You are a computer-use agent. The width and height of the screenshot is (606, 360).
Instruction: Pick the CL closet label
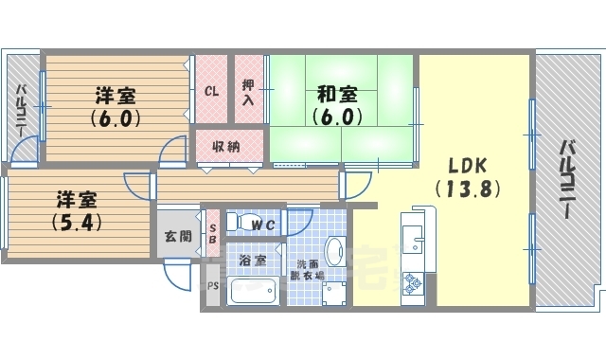click(212, 92)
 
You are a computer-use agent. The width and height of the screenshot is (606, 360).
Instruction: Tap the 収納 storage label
click(225, 146)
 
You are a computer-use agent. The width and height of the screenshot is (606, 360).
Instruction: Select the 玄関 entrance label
click(177, 235)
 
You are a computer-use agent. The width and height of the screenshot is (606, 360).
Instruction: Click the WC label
click(264, 225)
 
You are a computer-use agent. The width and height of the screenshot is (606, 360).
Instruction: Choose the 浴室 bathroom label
click(253, 259)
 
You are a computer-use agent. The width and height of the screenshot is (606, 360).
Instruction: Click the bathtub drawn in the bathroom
click(253, 289)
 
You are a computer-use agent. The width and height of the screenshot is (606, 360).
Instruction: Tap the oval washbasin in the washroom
click(334, 251)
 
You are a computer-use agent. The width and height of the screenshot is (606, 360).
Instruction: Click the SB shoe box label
click(212, 233)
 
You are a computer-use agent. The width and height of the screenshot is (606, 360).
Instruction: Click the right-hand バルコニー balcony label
click(567, 180)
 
